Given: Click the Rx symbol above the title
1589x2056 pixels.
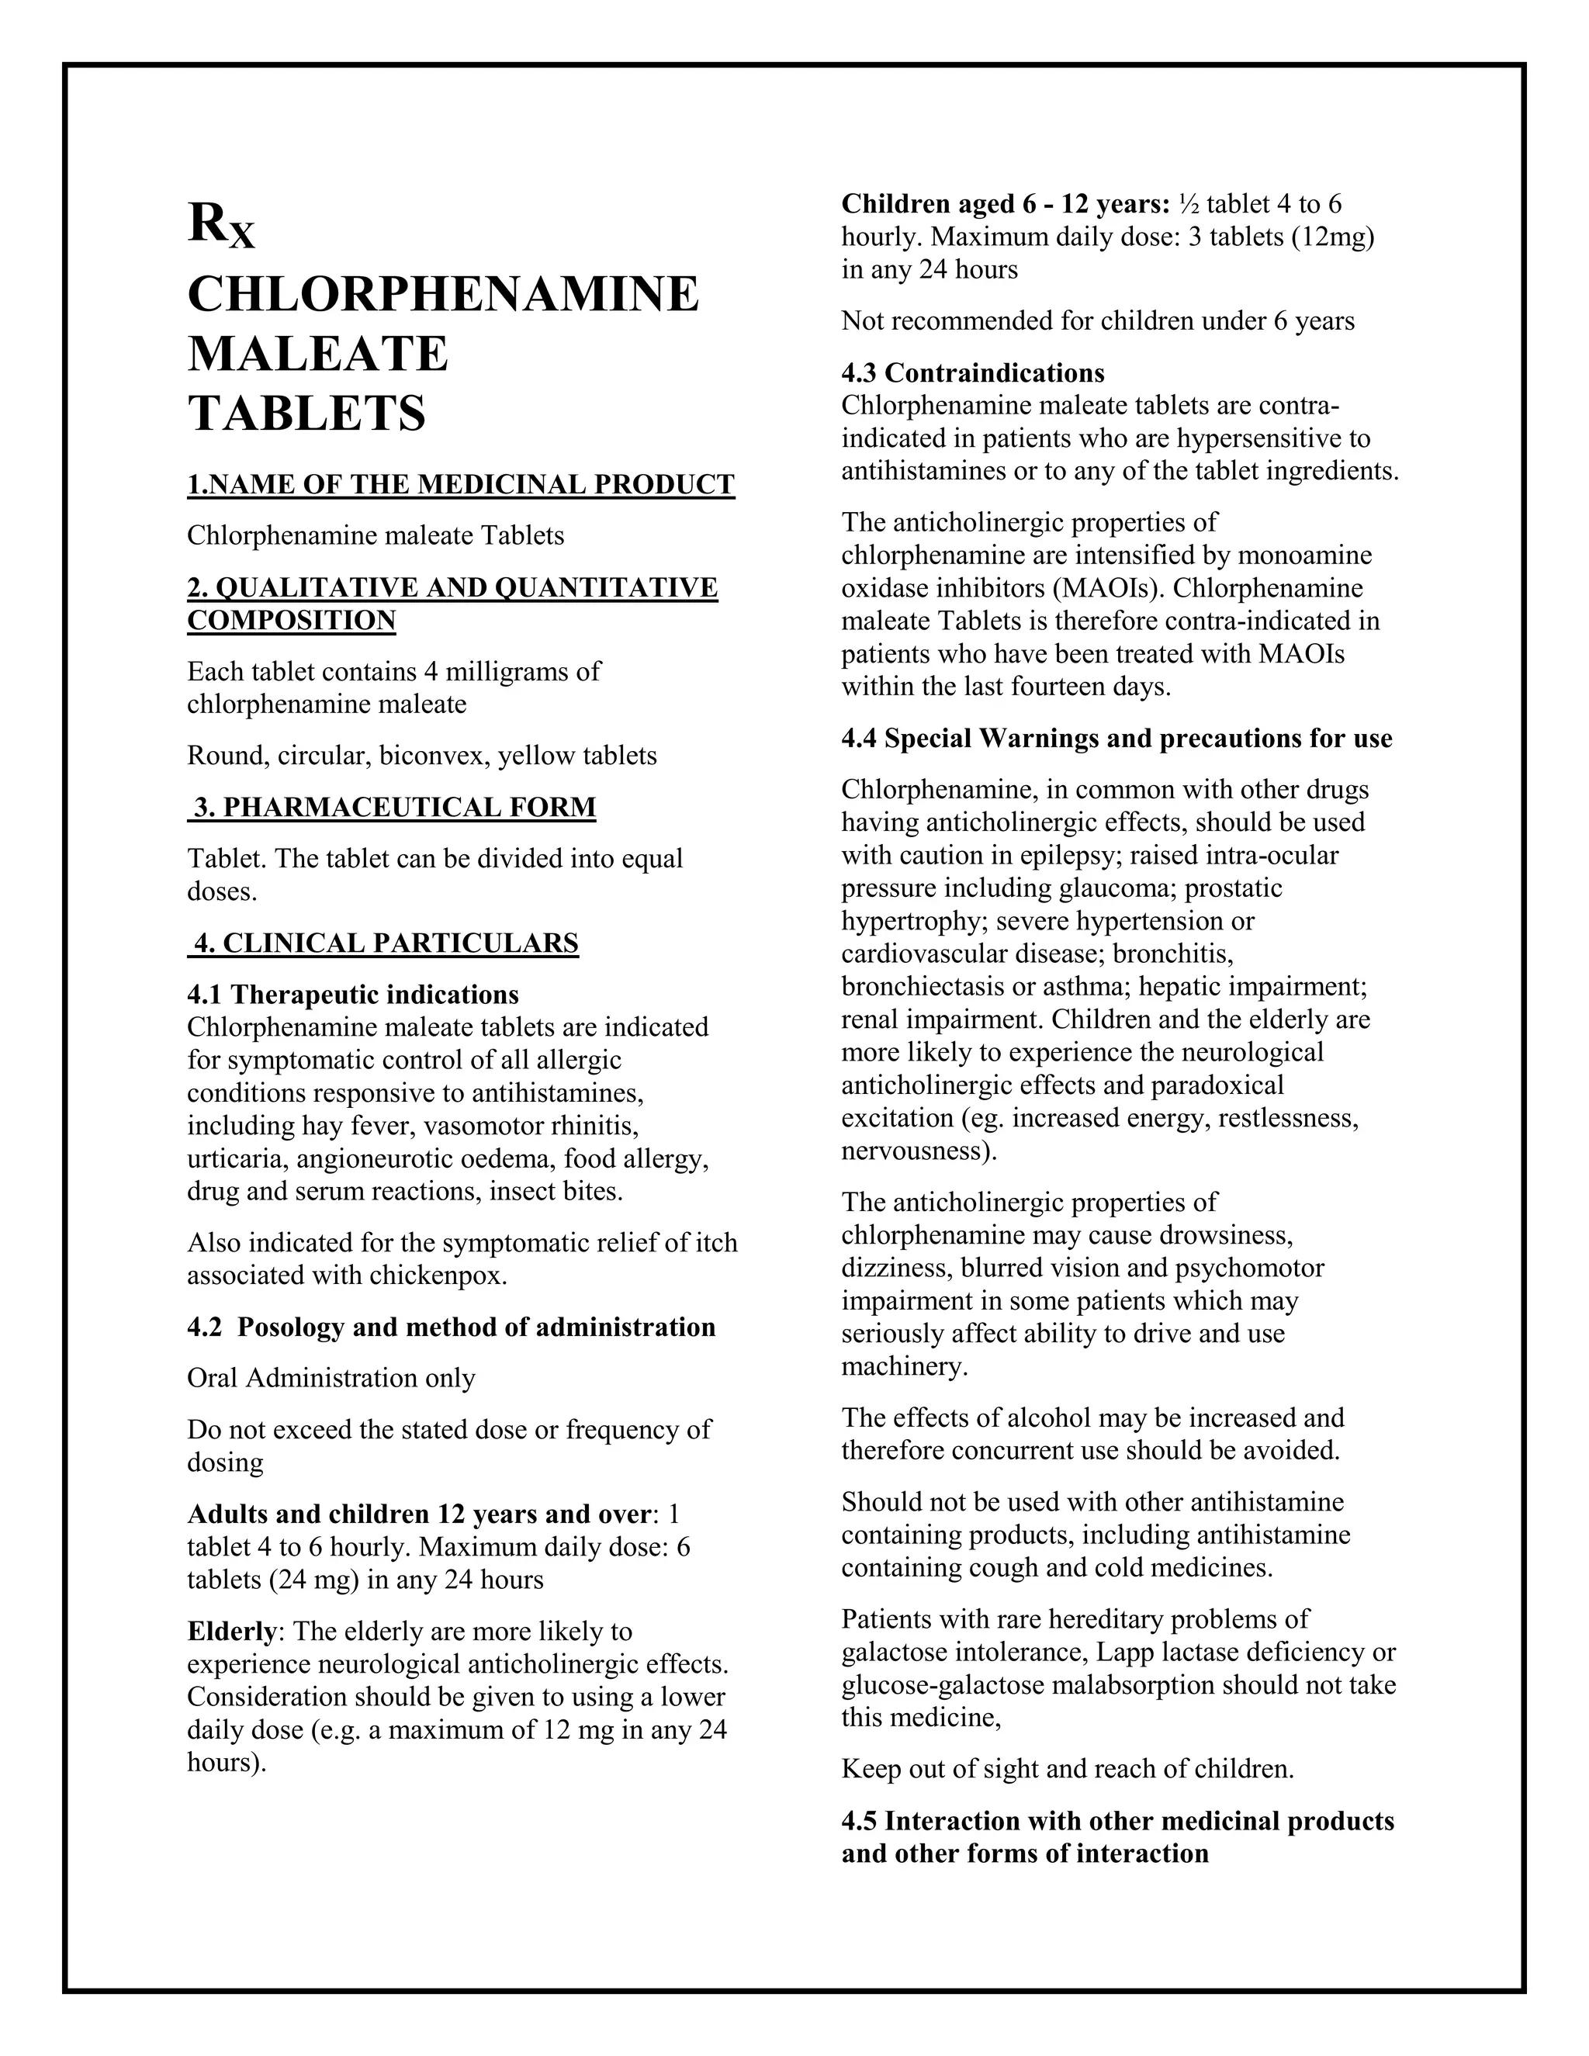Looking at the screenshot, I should coord(220,227).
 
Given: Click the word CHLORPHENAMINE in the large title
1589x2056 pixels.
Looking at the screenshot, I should coord(442,295).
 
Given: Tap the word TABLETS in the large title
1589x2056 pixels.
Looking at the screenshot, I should coord(307,414).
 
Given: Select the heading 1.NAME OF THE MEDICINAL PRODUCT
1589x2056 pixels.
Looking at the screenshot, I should coord(460,485).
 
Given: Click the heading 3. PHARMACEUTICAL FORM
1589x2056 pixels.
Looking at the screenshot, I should coord(393,808).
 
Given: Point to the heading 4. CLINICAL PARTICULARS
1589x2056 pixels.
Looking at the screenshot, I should coord(384,943).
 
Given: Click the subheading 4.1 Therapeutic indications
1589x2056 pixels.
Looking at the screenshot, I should coord(353,995).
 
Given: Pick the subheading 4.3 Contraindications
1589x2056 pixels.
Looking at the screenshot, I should coord(972,374).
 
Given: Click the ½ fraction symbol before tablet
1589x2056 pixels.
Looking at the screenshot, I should coord(1187,204).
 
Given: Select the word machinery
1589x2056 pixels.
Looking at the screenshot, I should coord(904,1367).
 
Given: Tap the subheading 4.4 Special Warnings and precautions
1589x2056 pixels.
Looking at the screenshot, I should coord(1116,739).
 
